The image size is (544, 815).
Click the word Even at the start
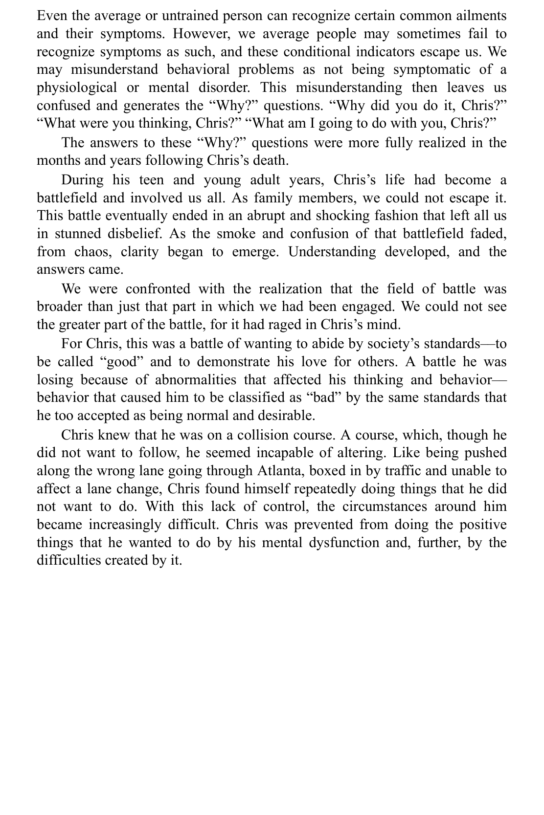point(52,16)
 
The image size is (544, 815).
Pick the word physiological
point(77,88)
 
